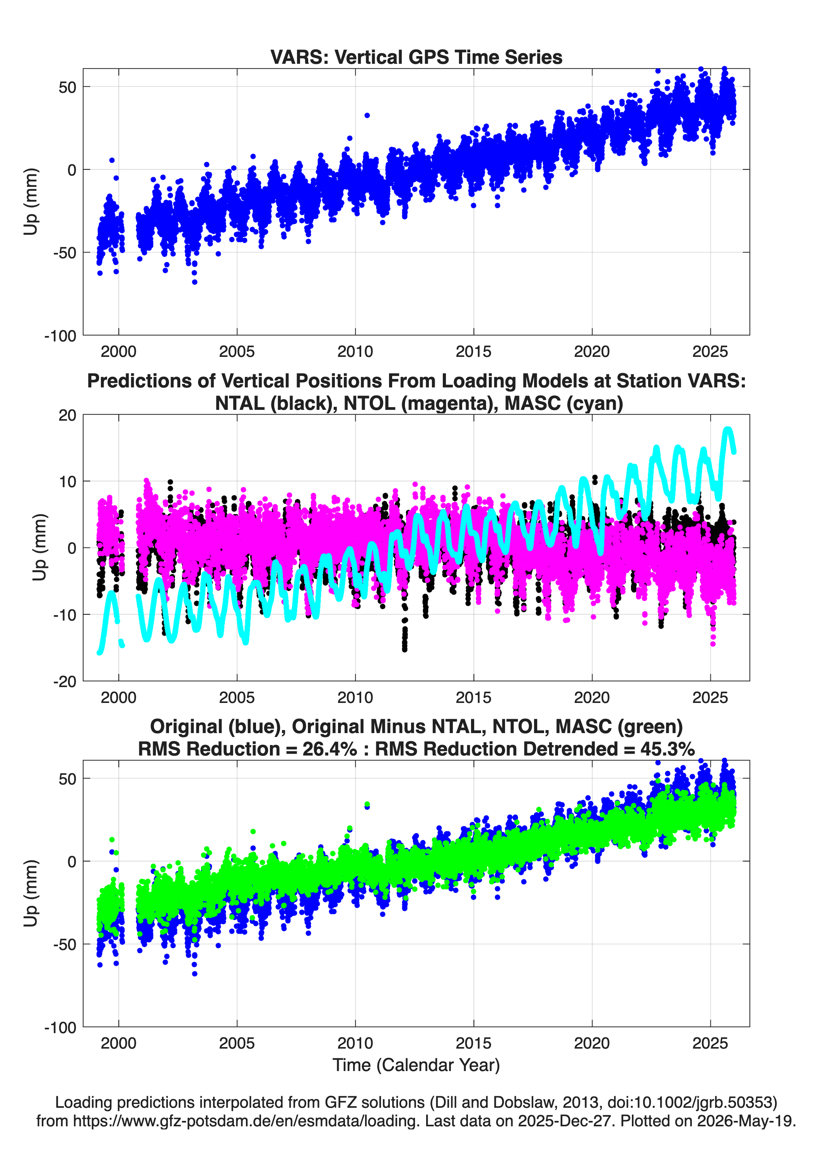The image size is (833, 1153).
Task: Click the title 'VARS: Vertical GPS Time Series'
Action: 416,57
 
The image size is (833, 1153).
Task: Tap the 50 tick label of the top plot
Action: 67,87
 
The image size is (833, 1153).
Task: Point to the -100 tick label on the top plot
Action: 60,336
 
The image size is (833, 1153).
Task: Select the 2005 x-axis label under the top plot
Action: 236,351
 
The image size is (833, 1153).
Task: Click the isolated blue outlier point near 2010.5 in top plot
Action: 367,115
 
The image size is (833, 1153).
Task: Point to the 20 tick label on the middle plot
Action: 67,415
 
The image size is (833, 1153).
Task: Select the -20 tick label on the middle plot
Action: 65,682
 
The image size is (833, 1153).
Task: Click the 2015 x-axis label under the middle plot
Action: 473,697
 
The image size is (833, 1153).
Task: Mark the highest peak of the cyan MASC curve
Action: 728,430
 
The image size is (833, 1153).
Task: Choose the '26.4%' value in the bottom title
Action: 329,749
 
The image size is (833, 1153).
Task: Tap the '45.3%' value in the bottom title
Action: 667,749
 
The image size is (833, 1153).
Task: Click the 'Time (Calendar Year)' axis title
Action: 416,1064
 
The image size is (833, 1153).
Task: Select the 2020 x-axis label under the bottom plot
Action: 592,1043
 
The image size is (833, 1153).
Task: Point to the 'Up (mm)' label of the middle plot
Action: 39,548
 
